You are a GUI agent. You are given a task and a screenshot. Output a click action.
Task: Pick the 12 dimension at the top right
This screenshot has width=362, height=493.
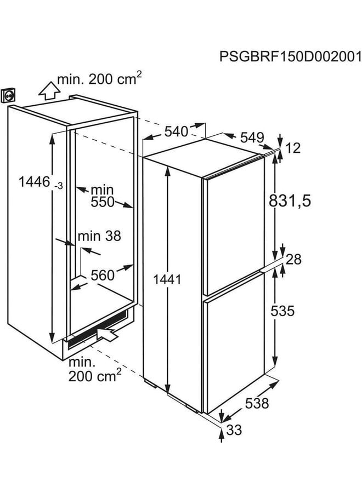[x=295, y=148]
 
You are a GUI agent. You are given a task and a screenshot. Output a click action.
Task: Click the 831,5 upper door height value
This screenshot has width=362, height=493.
[x=290, y=201]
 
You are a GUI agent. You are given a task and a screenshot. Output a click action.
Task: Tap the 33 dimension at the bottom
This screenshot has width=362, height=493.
[x=234, y=431]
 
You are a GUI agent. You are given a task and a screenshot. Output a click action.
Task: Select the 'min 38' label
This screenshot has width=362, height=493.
[x=99, y=236]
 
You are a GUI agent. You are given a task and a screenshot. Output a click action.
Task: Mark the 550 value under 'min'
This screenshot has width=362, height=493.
[x=103, y=202]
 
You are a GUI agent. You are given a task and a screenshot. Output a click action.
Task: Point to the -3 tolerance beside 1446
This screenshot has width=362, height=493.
[x=59, y=186]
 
